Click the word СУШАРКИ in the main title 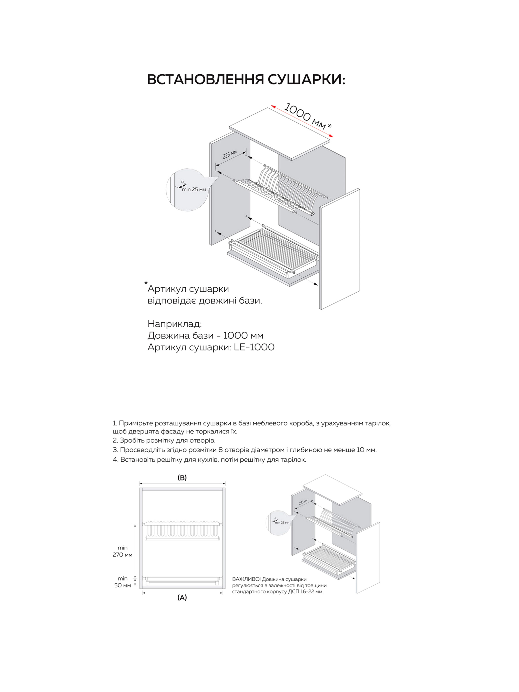[306, 80]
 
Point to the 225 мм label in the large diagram [230, 154]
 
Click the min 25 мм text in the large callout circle [194, 190]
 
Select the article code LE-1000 [254, 347]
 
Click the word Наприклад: [175, 323]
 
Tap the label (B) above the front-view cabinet [182, 477]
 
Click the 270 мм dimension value [123, 555]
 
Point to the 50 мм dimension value [123, 585]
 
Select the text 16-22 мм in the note [310, 592]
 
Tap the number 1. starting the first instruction [115, 423]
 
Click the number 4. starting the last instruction [115, 460]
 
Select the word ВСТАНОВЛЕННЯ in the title [206, 80]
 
